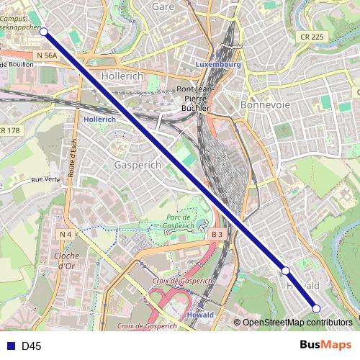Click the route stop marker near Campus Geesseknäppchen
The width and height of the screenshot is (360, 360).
(x=44, y=32)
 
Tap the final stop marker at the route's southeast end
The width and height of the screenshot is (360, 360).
(x=315, y=309)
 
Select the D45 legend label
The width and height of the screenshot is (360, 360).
(x=32, y=346)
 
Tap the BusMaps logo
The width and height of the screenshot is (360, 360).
(x=325, y=346)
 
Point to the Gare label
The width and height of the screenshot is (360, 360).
(x=164, y=6)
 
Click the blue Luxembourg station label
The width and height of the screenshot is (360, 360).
(x=217, y=65)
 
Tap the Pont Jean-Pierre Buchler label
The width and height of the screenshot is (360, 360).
(x=193, y=99)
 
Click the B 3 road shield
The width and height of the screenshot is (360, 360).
(x=217, y=235)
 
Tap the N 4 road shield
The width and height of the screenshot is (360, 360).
(x=66, y=234)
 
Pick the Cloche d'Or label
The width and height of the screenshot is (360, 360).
(x=66, y=261)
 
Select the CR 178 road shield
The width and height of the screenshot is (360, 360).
(x=9, y=130)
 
